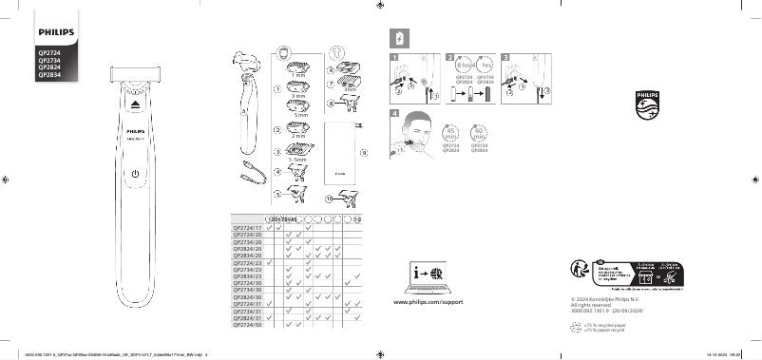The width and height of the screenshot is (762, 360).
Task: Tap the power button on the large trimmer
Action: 136,176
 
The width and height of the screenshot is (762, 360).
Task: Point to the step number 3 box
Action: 507,58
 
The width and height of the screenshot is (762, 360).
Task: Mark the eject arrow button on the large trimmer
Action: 136,100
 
